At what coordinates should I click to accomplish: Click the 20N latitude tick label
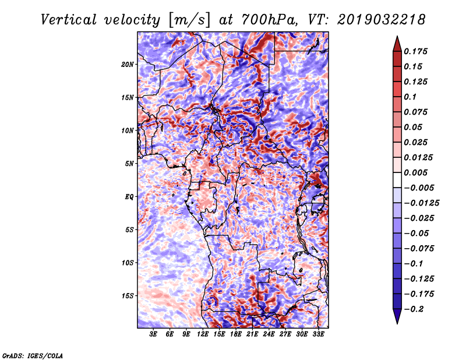tap(128, 64)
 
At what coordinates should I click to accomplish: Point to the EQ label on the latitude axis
tap(129, 196)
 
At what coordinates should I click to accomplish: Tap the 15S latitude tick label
tap(128, 295)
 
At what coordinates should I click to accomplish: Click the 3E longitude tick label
tap(154, 334)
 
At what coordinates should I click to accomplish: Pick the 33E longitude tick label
tap(318, 334)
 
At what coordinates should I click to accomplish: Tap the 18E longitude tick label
tap(236, 334)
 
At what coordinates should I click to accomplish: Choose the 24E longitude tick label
tap(269, 334)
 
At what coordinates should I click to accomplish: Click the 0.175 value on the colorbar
tap(417, 51)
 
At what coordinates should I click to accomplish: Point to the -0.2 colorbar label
tap(417, 309)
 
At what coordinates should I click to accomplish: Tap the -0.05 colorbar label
tap(417, 233)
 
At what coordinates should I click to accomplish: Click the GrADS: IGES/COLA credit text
tap(32, 355)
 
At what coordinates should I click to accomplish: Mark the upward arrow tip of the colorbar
tap(396, 38)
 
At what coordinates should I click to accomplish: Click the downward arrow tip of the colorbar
tap(396, 322)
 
